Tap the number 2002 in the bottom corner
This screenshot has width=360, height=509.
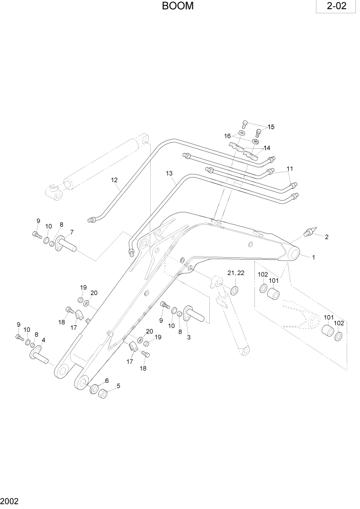pyautogui.click(x=10, y=500)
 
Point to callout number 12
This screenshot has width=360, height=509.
pyautogui.click(x=114, y=180)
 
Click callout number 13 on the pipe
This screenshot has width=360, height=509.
pyautogui.click(x=169, y=174)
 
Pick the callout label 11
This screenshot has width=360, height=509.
pyautogui.click(x=290, y=169)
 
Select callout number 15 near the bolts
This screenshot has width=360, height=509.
pyautogui.click(x=271, y=127)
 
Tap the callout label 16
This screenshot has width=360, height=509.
pyautogui.click(x=227, y=136)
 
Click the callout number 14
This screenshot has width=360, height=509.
pyautogui.click(x=267, y=148)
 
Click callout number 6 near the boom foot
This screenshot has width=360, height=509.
pyautogui.click(x=107, y=380)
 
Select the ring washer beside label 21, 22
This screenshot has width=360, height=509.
pyautogui.click(x=234, y=291)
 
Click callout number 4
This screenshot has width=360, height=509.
pyautogui.click(x=43, y=340)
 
